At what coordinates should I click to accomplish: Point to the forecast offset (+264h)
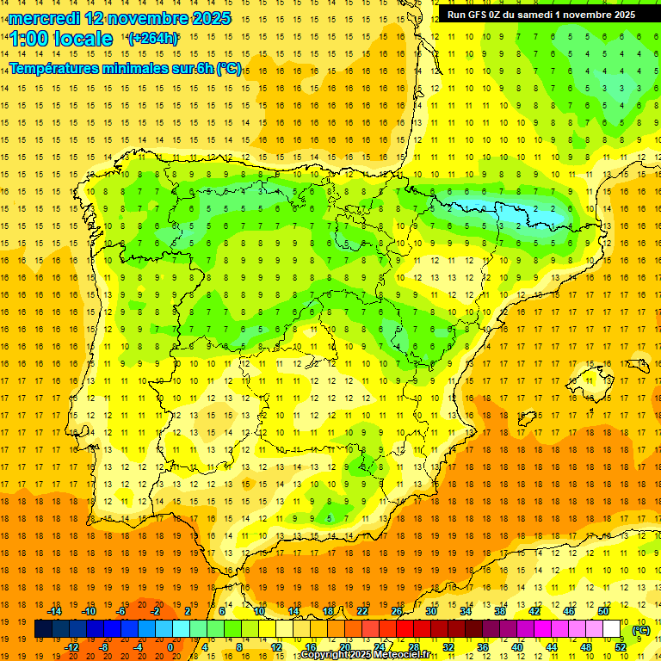[153, 39]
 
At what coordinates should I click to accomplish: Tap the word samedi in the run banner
[535, 15]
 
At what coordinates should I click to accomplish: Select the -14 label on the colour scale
[53, 611]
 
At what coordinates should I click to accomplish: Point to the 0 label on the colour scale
[170, 647]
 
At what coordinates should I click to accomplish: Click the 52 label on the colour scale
[621, 647]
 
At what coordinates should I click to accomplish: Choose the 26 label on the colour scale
[397, 611]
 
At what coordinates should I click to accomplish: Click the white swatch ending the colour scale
[612, 629]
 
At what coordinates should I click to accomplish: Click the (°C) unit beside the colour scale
[641, 630]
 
